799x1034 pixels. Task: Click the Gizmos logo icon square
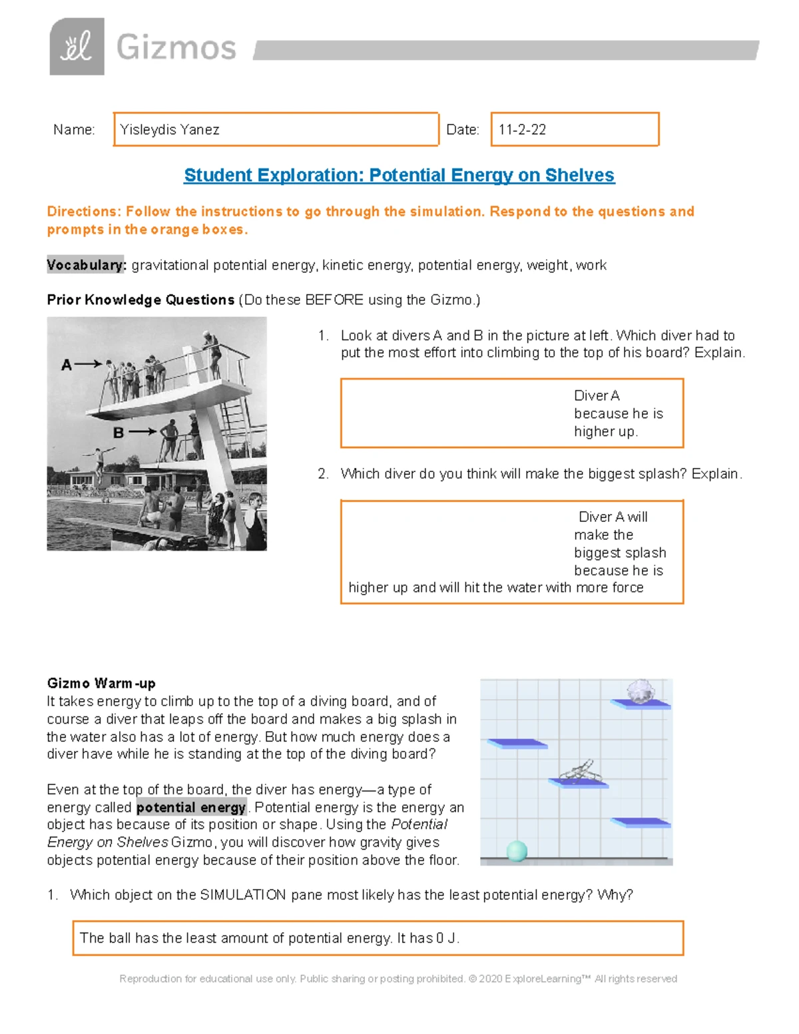pos(77,47)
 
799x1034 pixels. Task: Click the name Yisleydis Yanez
pos(170,130)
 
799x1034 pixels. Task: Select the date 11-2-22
pos(522,130)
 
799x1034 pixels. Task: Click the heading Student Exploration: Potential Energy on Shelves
pos(399,175)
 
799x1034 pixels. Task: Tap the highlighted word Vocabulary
pos(85,265)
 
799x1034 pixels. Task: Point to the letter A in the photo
pos(66,365)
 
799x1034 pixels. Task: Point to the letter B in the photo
pos(119,433)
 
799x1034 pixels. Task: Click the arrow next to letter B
pos(142,432)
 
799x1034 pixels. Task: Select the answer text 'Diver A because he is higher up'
pos(618,413)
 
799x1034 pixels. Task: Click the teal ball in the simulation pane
pos(517,850)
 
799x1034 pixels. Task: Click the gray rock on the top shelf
pos(641,691)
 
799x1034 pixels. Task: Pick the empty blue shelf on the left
pos(517,744)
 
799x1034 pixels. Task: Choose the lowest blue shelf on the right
pos(641,823)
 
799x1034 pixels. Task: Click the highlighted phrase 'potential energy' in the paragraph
pos(191,808)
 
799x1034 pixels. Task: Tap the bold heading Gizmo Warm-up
pos(101,683)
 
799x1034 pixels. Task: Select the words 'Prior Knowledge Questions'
pos(140,300)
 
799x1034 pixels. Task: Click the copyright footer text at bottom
pos(398,979)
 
